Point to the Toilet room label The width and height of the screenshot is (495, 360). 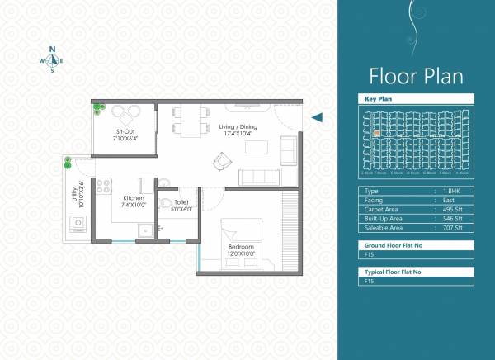tap(181, 206)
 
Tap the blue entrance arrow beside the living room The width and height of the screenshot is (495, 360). tap(316, 118)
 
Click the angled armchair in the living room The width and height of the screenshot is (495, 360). tap(223, 162)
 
